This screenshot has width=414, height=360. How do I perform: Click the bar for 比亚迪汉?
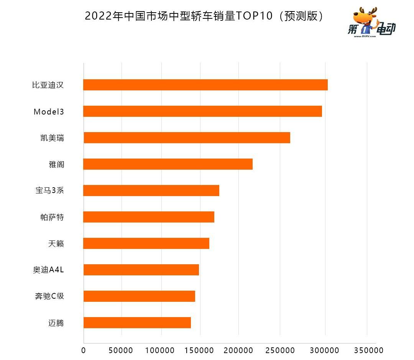(205, 85)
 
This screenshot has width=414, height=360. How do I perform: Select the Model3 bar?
(202, 111)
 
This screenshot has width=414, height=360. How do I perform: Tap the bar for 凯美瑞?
(187, 138)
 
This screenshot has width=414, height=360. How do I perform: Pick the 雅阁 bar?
(168, 164)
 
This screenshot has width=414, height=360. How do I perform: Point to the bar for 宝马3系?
(151, 190)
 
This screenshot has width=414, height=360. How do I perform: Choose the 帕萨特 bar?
(149, 217)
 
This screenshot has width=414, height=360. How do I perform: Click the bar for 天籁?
(146, 243)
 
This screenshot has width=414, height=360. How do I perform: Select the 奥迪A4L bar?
(141, 270)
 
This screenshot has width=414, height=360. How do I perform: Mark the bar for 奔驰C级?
(139, 296)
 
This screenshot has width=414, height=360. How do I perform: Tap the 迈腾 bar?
(137, 322)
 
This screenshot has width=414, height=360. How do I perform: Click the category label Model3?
(49, 112)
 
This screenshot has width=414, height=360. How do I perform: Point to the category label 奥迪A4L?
(48, 270)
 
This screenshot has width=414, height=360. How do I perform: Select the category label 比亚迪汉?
(48, 85)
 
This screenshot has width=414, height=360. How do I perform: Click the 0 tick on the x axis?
(84, 350)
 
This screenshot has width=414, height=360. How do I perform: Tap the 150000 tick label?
(200, 350)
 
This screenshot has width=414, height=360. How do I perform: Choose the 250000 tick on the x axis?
(280, 350)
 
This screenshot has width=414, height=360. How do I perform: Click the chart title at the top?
(205, 16)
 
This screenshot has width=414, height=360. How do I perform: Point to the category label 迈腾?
(56, 323)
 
